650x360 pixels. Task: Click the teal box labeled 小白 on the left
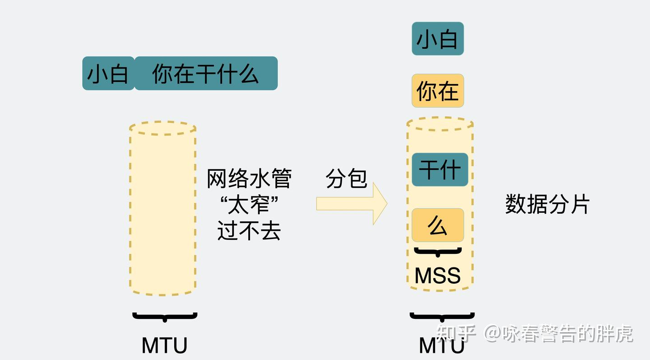(108, 73)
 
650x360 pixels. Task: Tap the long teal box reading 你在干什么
(206, 73)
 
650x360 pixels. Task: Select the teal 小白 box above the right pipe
(437, 39)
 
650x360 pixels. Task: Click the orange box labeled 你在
(437, 91)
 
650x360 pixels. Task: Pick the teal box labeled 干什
(440, 170)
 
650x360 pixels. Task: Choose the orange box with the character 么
(437, 225)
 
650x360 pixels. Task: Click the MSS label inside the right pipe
(437, 275)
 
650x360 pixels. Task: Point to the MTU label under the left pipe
(164, 346)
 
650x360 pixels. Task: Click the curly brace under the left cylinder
(165, 317)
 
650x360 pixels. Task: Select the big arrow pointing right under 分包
(352, 203)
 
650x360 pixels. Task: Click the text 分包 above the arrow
(346, 179)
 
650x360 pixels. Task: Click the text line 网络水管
(249, 178)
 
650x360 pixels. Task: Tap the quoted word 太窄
(249, 205)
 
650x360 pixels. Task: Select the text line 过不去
(249, 230)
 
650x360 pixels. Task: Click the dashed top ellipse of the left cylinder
(163, 128)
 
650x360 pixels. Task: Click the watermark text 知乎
(456, 334)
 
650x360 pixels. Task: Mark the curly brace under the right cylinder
(442, 317)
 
